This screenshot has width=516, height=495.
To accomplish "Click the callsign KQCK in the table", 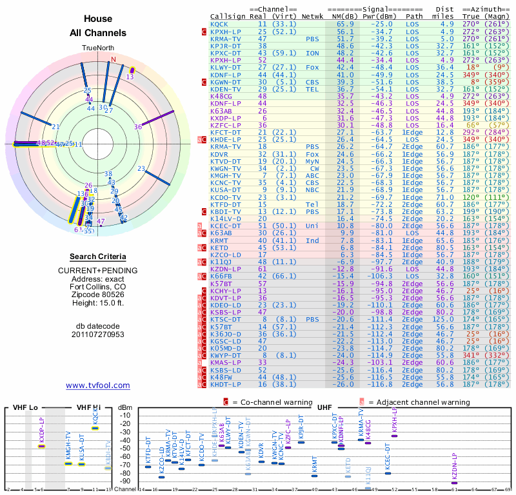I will (220, 24).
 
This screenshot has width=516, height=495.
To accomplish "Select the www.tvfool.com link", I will (98, 385).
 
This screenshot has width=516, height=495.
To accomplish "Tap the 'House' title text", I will (98, 19).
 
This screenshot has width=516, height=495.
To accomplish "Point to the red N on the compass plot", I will (114, 59).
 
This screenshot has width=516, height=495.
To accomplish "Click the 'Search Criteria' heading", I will (98, 257).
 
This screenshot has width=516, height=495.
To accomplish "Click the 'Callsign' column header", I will (228, 16).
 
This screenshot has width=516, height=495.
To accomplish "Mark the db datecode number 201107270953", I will (98, 335).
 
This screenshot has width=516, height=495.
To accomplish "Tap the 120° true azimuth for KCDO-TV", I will (471, 197).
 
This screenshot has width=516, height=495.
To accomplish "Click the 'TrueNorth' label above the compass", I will (97, 48).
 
